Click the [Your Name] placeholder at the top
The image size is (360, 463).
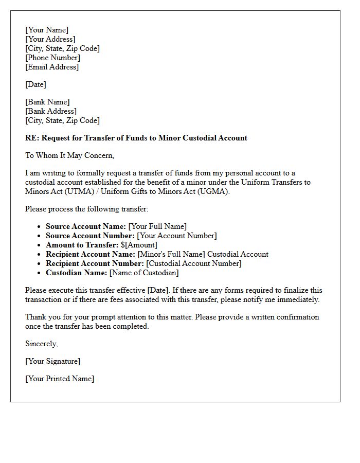(x=47, y=30)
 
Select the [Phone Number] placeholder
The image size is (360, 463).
(x=52, y=58)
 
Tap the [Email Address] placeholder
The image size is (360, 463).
(x=52, y=67)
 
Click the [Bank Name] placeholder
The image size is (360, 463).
(x=47, y=102)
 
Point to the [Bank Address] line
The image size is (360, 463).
(x=51, y=111)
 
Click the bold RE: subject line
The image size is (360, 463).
(x=136, y=138)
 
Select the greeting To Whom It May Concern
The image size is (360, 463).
(x=70, y=155)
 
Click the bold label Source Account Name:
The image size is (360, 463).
(x=86, y=226)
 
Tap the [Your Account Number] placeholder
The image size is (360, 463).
(x=176, y=236)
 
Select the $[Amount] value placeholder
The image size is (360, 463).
(x=139, y=245)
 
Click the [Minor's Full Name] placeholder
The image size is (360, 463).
(x=171, y=254)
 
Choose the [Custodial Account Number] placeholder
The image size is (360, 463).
(x=193, y=263)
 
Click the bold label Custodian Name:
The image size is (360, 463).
(x=77, y=273)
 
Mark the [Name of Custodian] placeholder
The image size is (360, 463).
(x=144, y=273)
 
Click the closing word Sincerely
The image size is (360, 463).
(x=41, y=344)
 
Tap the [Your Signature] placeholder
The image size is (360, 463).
(x=52, y=361)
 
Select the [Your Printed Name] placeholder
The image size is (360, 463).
(x=60, y=379)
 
